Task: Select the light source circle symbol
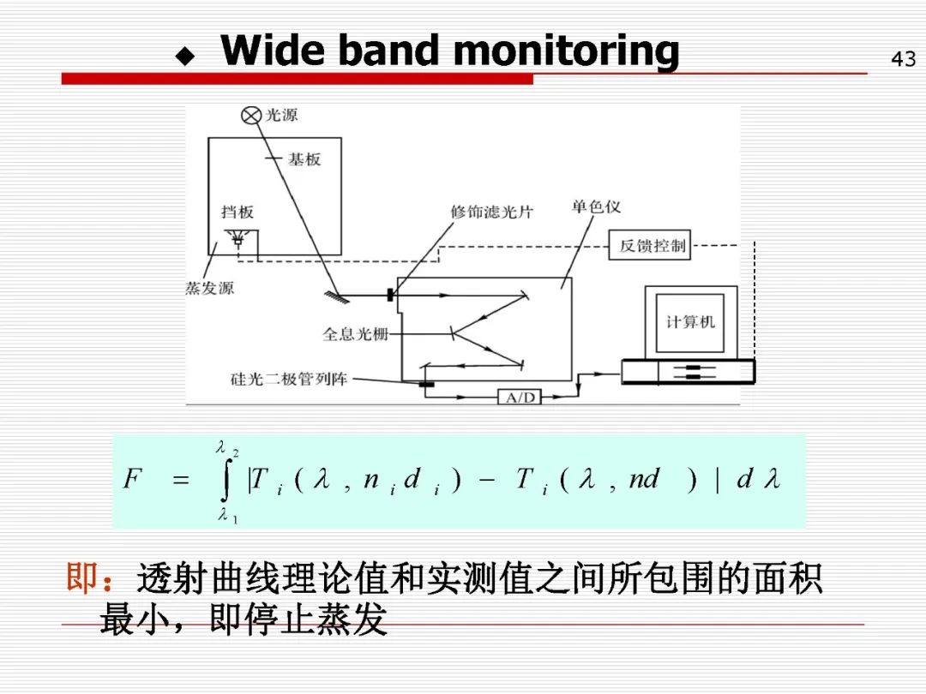click(250, 116)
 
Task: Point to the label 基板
click(304, 159)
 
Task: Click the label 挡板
click(237, 212)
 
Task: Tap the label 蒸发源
click(209, 289)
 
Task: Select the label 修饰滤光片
click(491, 212)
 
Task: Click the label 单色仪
click(596, 207)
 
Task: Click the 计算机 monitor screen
click(690, 322)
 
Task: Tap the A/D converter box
click(520, 398)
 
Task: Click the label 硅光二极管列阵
click(289, 379)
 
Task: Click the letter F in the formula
click(131, 479)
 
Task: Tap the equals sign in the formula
click(181, 481)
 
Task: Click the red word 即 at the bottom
click(82, 579)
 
